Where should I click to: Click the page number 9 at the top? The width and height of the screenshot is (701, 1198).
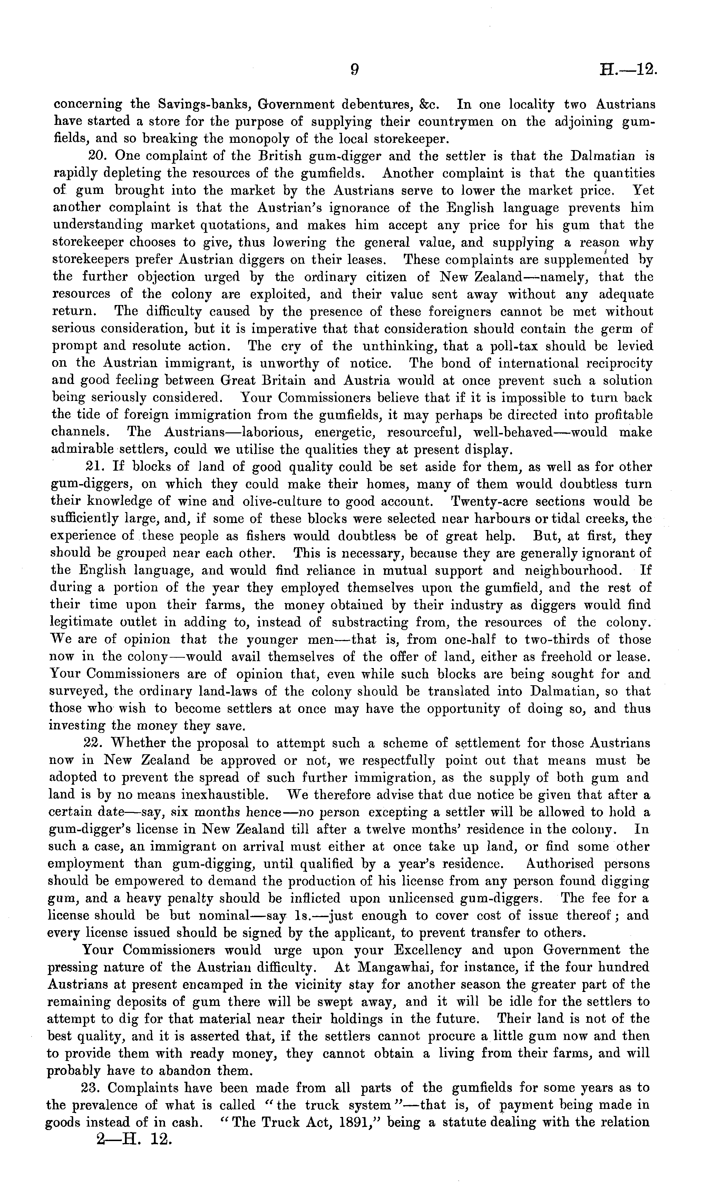pyautogui.click(x=354, y=70)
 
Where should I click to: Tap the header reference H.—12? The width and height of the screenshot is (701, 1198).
pyautogui.click(x=628, y=70)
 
